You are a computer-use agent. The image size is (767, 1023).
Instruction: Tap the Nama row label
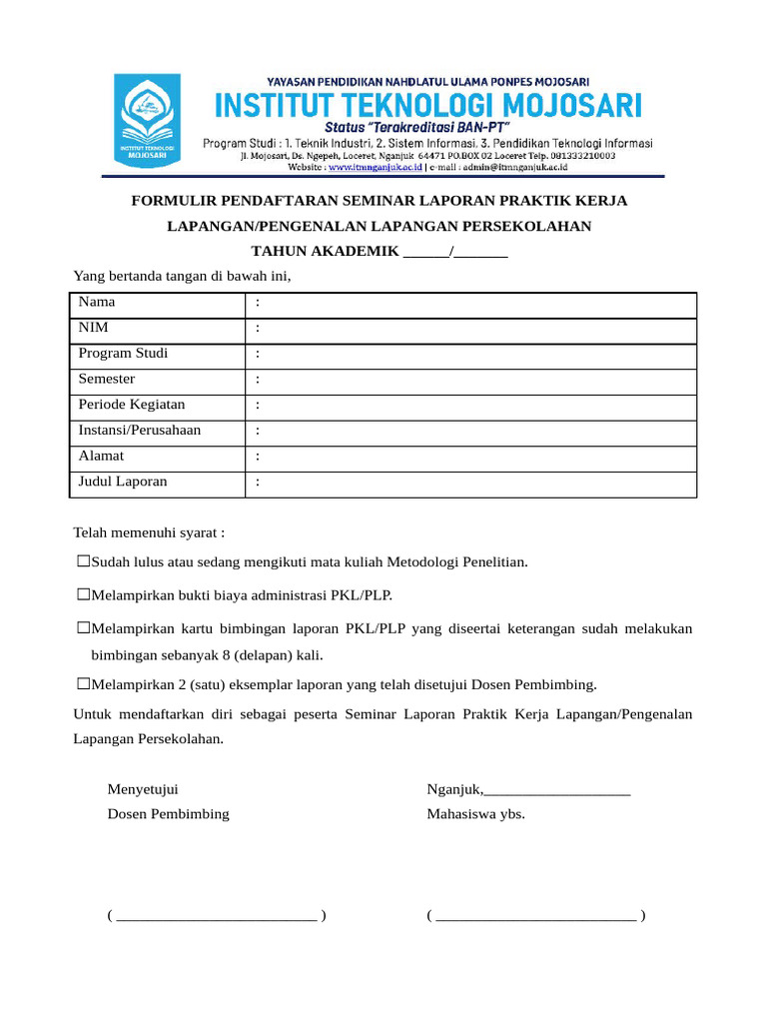(x=97, y=302)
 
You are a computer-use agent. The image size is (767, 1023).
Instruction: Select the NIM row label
(x=94, y=328)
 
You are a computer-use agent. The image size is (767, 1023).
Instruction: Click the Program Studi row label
(x=123, y=354)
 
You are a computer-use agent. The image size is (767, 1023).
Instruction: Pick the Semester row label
(x=107, y=380)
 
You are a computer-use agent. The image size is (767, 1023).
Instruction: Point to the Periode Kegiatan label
(x=132, y=405)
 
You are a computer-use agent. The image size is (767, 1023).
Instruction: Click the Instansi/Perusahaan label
(x=140, y=431)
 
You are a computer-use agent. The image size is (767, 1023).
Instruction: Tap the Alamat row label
(x=102, y=456)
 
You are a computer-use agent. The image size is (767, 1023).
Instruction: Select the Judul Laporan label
(x=123, y=482)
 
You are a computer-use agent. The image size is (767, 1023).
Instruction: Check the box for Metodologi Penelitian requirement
(x=84, y=562)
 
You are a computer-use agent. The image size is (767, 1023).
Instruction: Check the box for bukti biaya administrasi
(x=84, y=595)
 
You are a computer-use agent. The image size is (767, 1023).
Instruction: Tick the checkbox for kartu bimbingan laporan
(x=84, y=629)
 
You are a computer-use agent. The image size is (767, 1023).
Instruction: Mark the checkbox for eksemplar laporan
(x=84, y=684)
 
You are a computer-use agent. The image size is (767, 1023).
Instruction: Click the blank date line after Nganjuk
(x=557, y=790)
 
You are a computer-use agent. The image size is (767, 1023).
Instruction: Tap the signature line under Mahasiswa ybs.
(x=535, y=916)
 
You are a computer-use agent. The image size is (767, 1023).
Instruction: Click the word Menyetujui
(x=143, y=789)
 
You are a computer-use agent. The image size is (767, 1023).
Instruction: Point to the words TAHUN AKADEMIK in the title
(x=325, y=252)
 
